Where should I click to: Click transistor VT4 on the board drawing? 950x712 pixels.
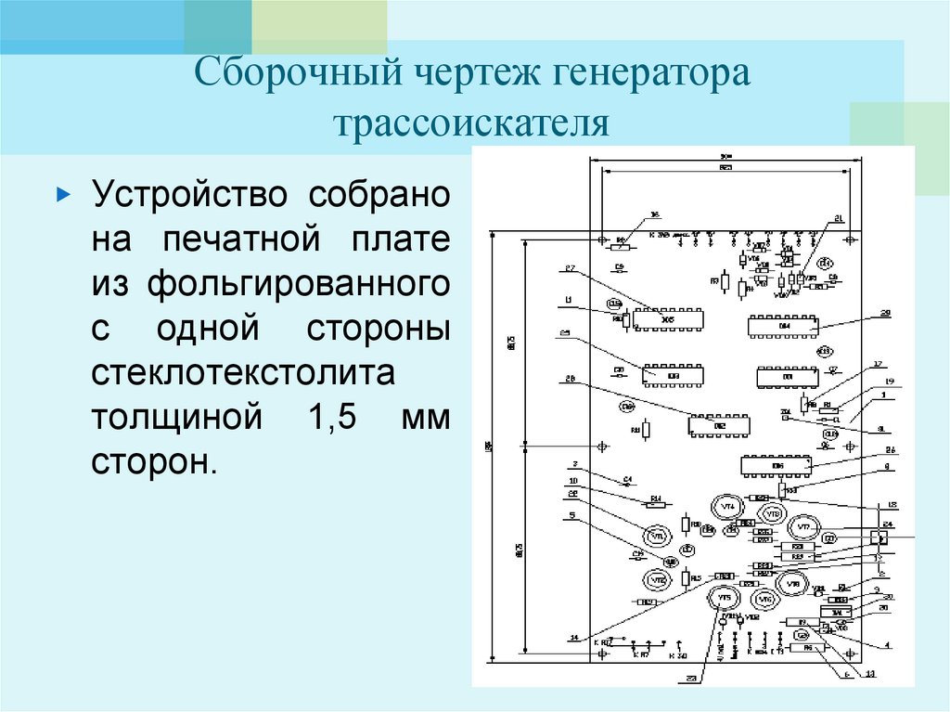(x=728, y=507)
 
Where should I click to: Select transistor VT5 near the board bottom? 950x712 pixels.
(x=724, y=597)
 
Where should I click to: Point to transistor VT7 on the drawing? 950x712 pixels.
(x=803, y=528)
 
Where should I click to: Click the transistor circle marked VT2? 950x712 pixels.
(x=658, y=579)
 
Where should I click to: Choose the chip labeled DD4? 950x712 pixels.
(x=784, y=325)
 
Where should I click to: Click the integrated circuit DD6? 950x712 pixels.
(x=776, y=465)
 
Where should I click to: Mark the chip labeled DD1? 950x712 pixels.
(x=788, y=377)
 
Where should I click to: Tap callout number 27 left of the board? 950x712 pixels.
(x=570, y=269)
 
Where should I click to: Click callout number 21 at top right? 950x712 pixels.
(x=839, y=219)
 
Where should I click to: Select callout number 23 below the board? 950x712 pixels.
(x=691, y=678)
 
